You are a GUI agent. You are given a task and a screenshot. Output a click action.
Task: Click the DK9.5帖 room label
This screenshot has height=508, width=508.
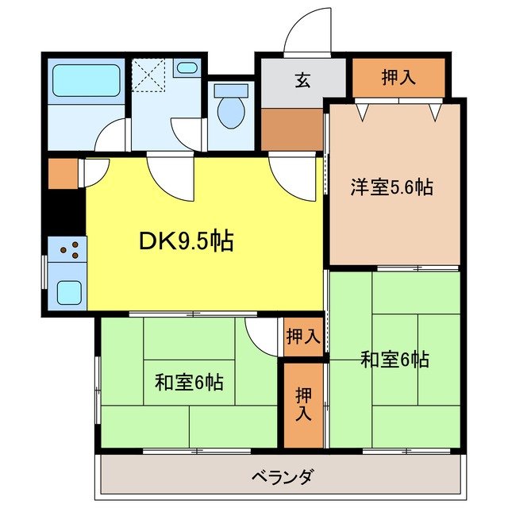189,241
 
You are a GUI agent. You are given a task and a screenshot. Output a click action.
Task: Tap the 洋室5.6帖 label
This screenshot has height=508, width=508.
392,188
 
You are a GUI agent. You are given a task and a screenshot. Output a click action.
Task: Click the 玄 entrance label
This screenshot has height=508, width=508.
302,80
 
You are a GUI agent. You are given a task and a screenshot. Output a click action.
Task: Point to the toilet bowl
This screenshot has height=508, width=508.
231,111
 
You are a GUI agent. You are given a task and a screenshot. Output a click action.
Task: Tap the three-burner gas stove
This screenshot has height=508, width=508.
68,251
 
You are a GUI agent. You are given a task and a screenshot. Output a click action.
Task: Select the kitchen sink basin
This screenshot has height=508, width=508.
69,293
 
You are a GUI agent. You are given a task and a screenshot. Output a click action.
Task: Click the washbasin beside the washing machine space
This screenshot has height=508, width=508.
187,67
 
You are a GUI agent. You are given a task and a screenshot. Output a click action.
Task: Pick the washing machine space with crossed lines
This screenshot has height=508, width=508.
149,75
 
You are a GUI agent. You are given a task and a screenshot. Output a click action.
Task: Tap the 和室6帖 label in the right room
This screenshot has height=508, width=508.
394,360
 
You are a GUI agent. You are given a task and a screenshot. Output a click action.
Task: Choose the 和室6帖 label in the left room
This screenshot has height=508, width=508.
188,383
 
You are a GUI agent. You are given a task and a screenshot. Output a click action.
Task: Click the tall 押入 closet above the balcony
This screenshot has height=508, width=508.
303,403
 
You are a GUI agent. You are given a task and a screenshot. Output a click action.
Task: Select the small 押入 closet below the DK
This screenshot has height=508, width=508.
303,337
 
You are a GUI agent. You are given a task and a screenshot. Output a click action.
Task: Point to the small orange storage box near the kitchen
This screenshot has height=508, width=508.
60,174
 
